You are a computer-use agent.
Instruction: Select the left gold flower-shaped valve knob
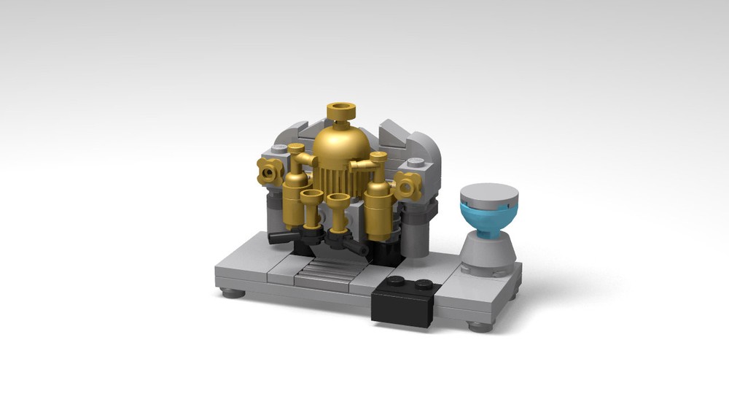(x=271, y=171)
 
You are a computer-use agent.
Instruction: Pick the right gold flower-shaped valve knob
(x=407, y=187)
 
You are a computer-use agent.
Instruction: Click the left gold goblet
(x=311, y=205)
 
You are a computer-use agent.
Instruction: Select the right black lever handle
(x=356, y=248)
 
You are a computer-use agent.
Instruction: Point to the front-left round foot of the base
(x=232, y=293)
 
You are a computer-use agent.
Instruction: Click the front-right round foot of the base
(x=479, y=326)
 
